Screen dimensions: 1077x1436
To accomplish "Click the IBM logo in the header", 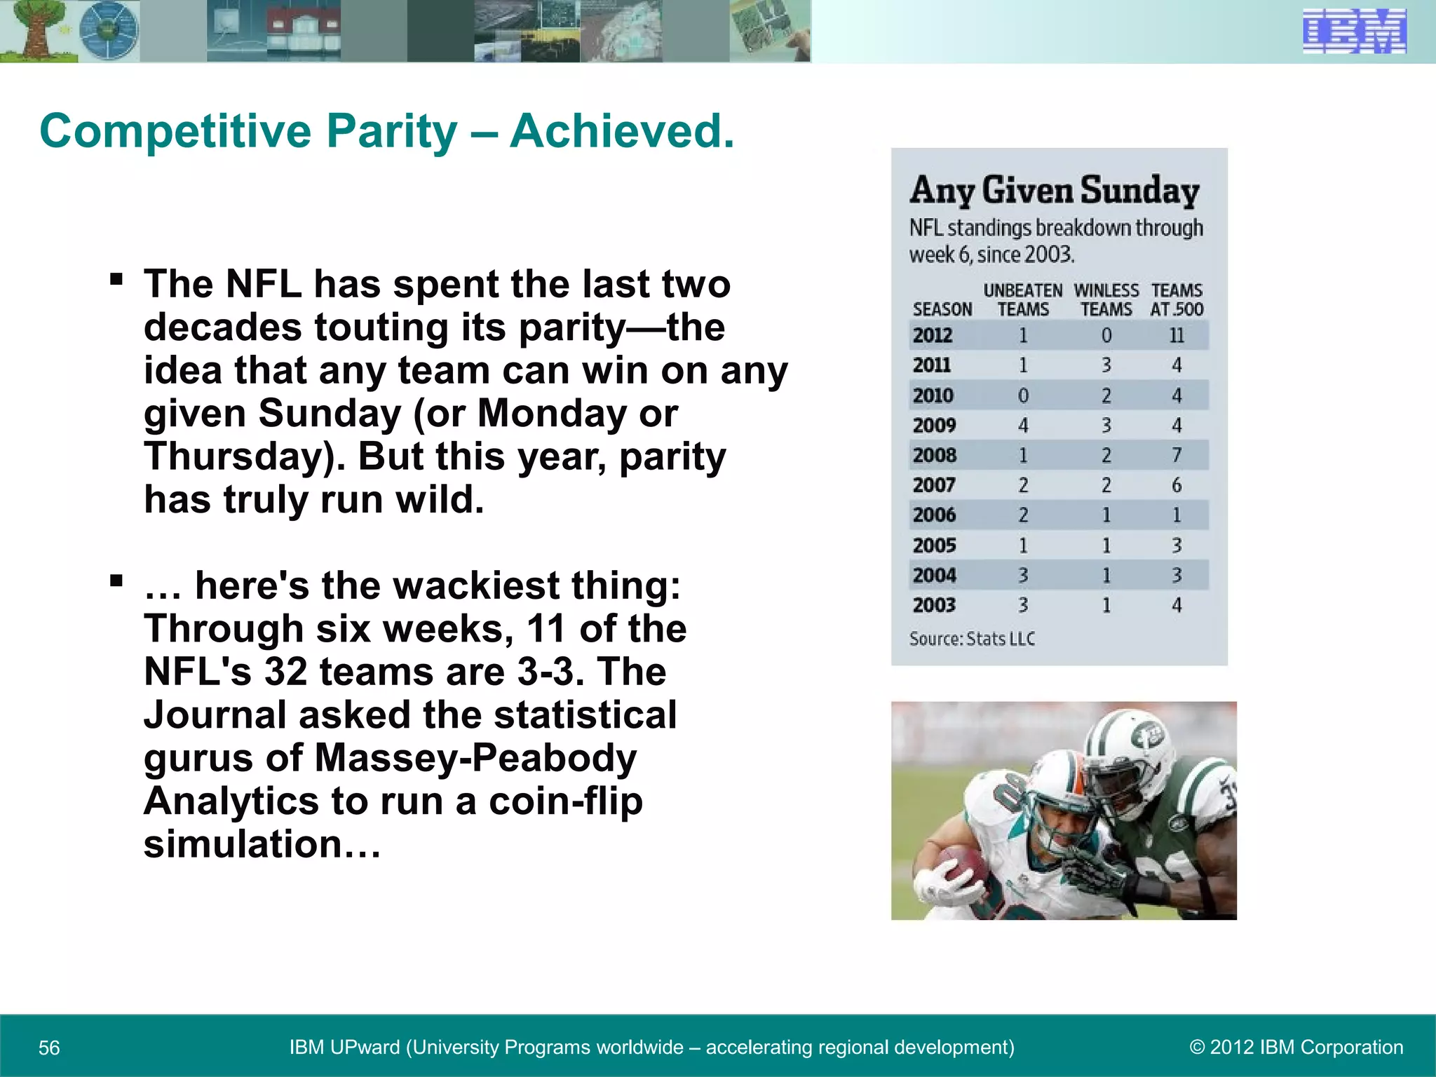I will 1354,32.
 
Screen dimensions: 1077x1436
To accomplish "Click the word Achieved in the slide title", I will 621,131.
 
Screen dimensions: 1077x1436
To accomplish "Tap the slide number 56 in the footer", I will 49,1048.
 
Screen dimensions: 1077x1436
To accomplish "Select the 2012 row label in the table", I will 932,335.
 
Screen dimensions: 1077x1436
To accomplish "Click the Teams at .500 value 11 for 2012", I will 1177,335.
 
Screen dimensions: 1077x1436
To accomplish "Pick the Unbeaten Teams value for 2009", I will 1023,425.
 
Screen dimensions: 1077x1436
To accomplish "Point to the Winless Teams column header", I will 1106,300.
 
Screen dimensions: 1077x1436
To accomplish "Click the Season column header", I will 942,309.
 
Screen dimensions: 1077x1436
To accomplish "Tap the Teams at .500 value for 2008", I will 1177,455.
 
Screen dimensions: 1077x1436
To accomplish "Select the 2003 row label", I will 934,605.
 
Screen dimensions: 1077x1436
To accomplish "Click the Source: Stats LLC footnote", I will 972,639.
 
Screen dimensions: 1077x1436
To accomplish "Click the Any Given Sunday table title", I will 1055,191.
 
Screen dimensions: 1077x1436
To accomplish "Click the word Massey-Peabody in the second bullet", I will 475,758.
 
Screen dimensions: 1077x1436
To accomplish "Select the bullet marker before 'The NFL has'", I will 116,280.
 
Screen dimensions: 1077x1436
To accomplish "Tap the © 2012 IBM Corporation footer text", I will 1296,1047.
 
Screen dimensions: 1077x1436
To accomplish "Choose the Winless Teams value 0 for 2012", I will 1106,335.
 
